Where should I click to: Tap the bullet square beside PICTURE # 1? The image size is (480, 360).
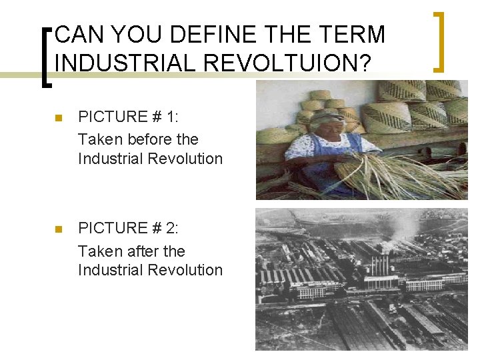(58, 118)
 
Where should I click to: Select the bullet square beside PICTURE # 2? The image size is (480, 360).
(58, 229)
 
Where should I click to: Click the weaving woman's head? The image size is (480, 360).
(325, 122)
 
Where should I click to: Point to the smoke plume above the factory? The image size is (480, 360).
(403, 233)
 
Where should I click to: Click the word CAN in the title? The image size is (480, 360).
(78, 34)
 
